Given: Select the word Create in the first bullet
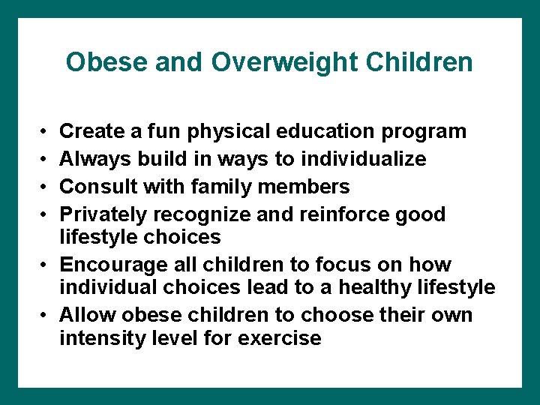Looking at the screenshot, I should [91, 131].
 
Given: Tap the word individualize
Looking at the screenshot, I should [363, 159].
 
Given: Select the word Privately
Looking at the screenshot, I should [104, 214].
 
